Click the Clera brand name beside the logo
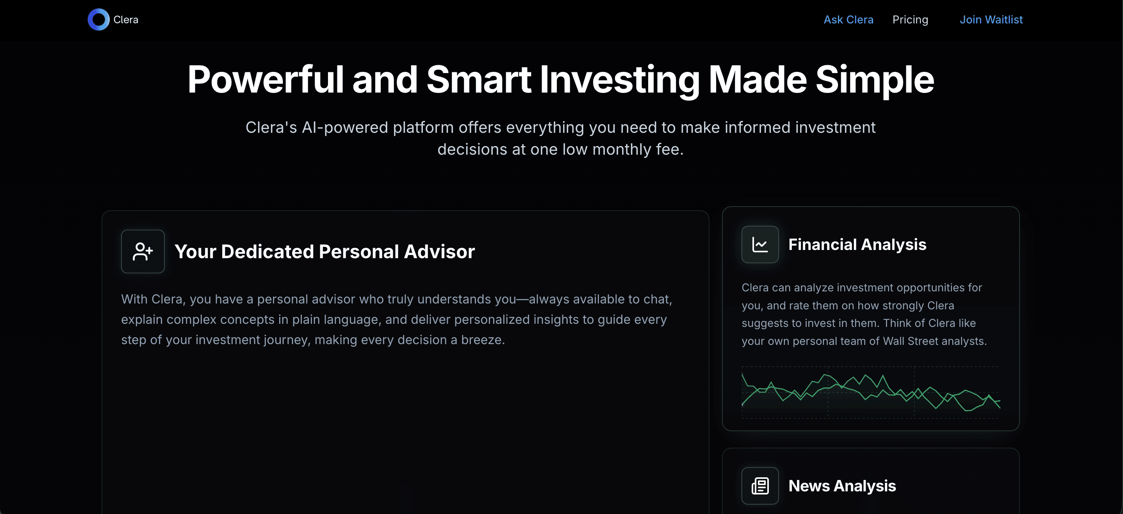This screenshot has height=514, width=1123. coord(126,20)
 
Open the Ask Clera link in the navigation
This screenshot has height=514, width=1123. coord(848,20)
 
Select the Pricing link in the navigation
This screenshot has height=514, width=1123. coord(910,20)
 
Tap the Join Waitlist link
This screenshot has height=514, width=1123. coord(991,20)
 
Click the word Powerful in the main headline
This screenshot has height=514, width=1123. coord(266,79)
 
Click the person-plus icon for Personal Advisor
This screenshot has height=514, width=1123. coord(143,252)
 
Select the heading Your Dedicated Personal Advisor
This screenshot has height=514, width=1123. coord(324,252)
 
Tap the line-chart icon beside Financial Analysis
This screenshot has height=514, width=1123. coord(760,245)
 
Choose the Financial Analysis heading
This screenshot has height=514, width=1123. coord(857,245)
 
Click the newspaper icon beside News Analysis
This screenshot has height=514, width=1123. coord(760,485)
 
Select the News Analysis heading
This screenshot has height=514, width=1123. coord(842,485)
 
